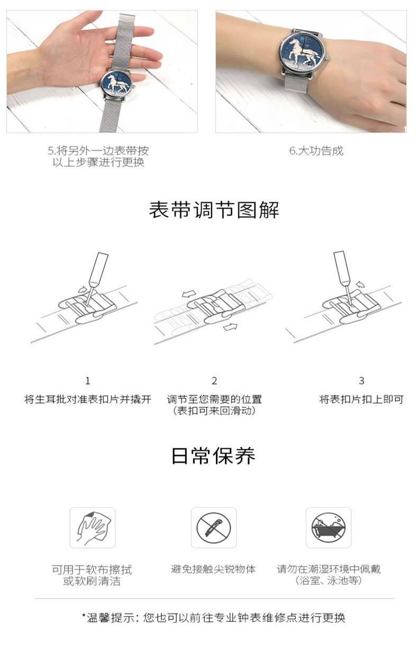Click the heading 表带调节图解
click(214, 210)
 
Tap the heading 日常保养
click(213, 456)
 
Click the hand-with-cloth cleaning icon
click(93, 528)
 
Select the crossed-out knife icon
click(214, 528)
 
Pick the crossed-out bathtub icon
click(329, 528)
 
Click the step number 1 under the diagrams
click(88, 381)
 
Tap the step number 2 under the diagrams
click(214, 381)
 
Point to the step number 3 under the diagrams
click(361, 381)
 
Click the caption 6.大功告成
click(316, 151)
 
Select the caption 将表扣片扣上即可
click(361, 399)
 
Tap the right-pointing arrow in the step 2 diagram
click(231, 327)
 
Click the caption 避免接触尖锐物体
click(213, 569)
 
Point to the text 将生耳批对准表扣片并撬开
click(88, 399)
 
